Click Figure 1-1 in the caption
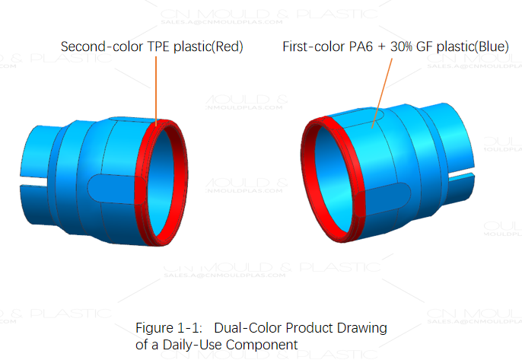168,328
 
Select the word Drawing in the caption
362,328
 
